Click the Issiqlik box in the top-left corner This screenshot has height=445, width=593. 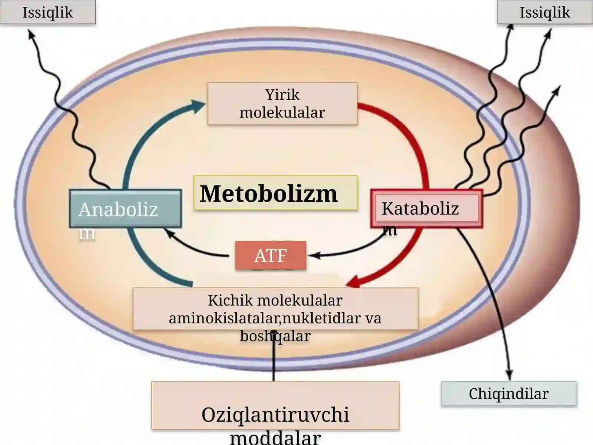coord(48,12)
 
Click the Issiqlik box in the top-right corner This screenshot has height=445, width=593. coord(545,12)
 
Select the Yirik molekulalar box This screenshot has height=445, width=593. coord(282,103)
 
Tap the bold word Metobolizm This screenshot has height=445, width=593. coord(269,194)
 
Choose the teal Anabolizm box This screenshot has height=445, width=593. coord(125,208)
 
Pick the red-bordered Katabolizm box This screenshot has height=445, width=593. coord(427,208)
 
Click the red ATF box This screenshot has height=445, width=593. coord(271,256)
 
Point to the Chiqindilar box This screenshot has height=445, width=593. coord(509,394)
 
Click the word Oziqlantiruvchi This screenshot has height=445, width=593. coord(275,415)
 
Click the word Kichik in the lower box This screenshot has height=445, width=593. coord(230,300)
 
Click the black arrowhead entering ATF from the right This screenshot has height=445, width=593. coord(314,256)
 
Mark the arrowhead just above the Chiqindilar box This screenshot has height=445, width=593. coord(509,375)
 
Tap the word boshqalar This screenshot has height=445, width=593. coord(275,336)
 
